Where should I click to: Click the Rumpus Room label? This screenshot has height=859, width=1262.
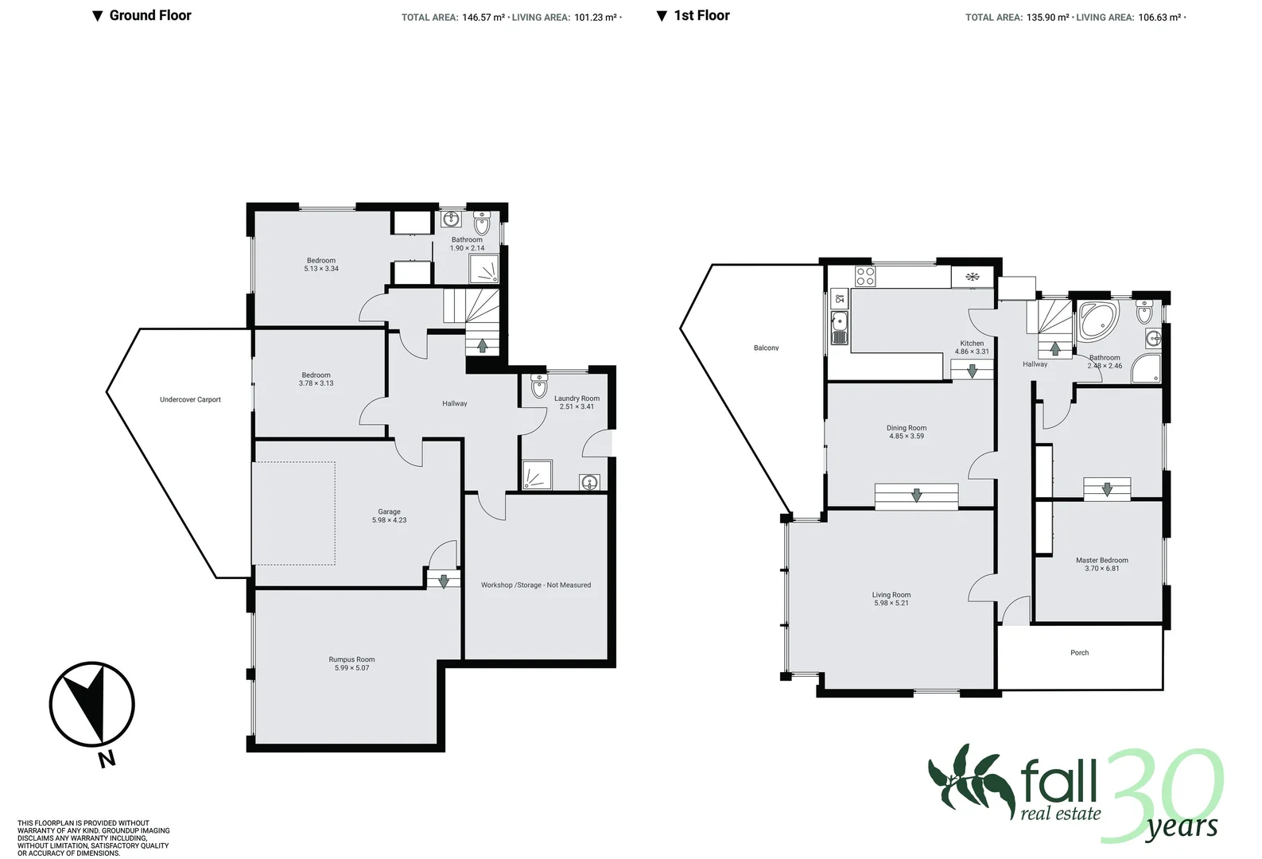click(351, 659)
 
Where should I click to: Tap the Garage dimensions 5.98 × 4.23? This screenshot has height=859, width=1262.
click(389, 520)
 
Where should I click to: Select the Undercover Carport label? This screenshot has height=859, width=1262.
click(190, 400)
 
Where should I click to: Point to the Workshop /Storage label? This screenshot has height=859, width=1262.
click(535, 585)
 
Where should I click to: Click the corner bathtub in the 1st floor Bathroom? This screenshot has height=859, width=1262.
click(1097, 321)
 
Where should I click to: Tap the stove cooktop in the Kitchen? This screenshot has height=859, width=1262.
click(865, 277)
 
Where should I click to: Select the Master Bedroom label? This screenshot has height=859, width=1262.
click(1101, 560)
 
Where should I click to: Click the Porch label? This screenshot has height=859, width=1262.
click(1079, 653)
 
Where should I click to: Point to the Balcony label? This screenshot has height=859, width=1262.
click(766, 348)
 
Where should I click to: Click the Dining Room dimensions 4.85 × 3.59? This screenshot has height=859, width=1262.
click(906, 437)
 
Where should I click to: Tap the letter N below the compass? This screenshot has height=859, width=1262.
click(107, 759)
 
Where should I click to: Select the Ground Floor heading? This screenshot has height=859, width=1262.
click(150, 15)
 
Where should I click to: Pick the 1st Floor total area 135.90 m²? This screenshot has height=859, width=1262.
click(1047, 17)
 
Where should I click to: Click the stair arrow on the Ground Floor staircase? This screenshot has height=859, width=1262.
click(482, 345)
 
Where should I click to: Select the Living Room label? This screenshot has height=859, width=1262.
click(891, 595)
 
